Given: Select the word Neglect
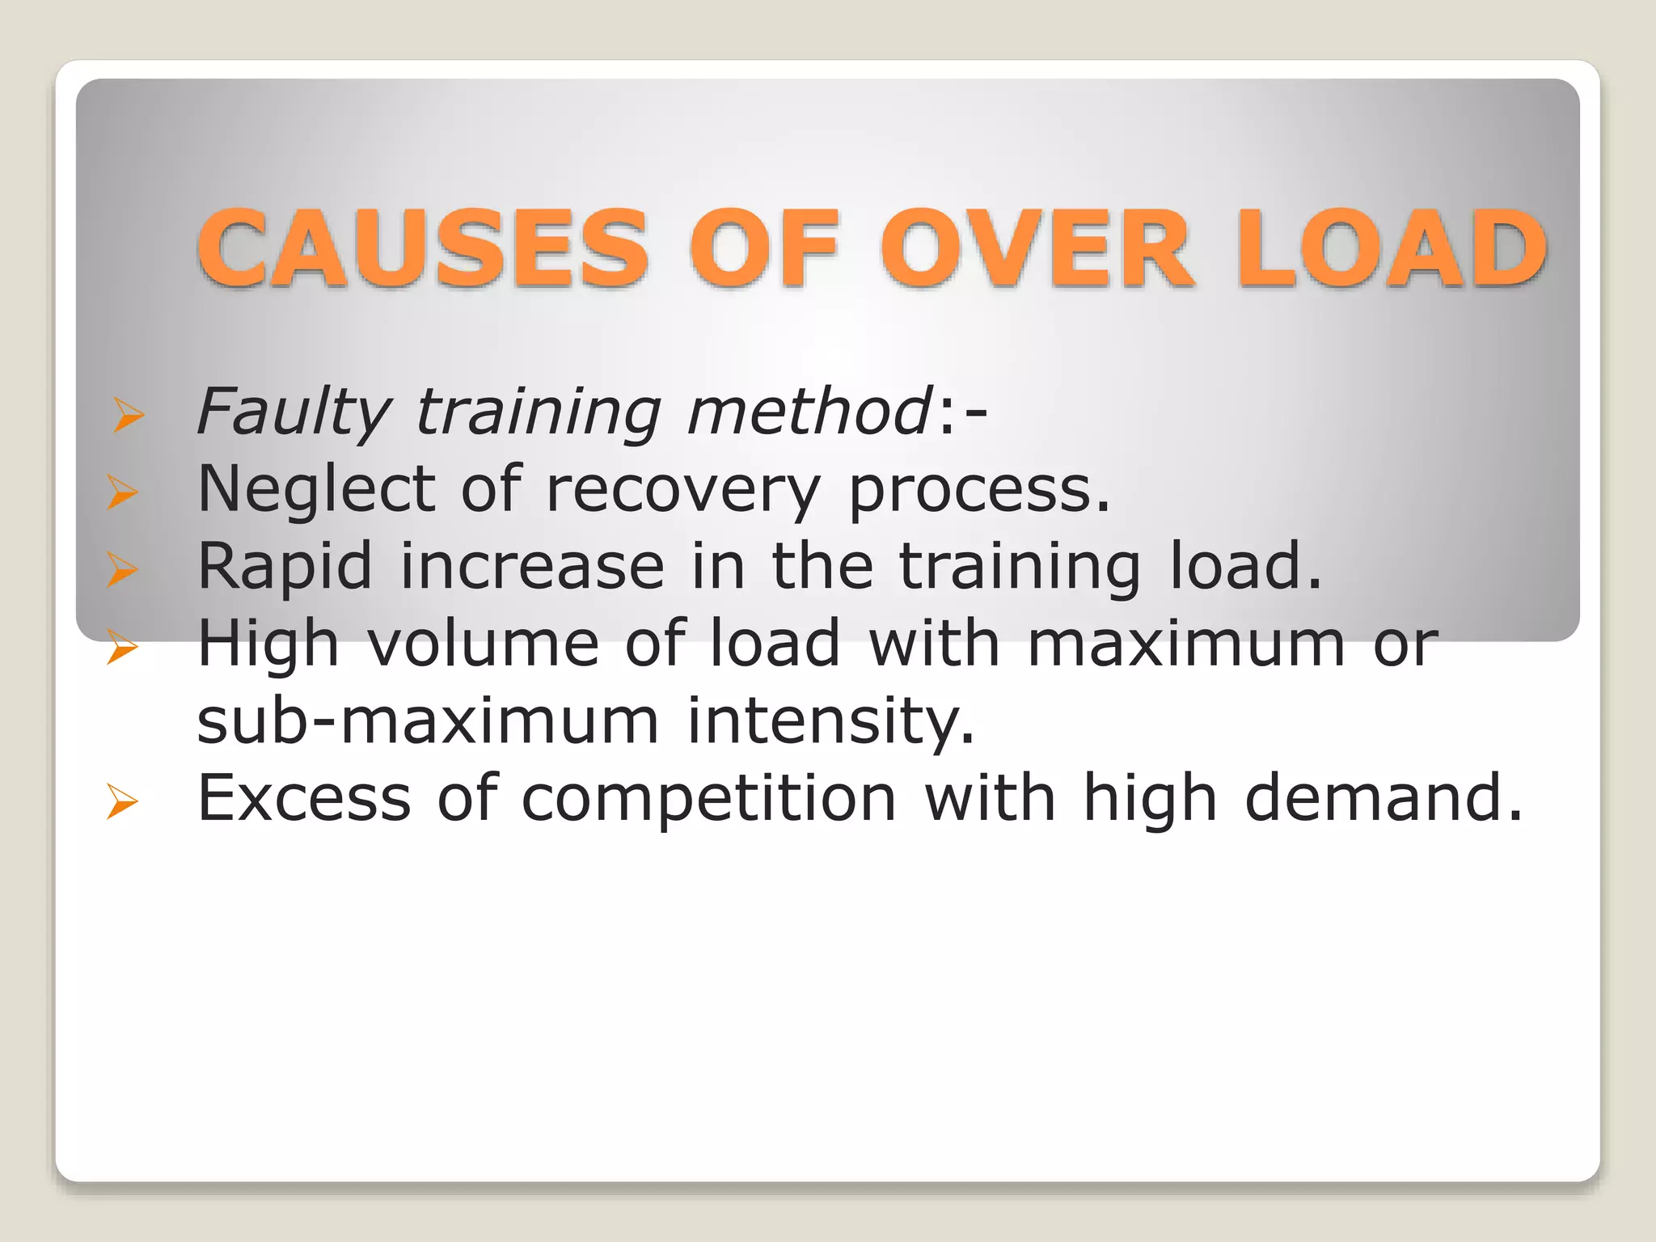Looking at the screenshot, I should click(x=316, y=489).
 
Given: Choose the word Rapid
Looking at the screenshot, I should click(x=285, y=567).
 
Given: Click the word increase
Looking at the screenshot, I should click(x=532, y=566).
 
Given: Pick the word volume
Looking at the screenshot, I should click(x=484, y=644).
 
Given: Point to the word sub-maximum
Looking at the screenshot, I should click(x=428, y=720).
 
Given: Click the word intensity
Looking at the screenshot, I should click(x=830, y=720).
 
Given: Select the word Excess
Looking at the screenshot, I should click(x=304, y=798).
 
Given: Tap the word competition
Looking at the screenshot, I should click(x=709, y=799).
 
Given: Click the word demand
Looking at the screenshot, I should click(x=1384, y=798).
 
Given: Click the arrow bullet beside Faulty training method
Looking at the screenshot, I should click(x=129, y=416).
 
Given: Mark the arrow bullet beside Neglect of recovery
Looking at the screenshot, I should click(x=123, y=492).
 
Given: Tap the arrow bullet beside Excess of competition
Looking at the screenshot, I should click(x=123, y=803).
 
